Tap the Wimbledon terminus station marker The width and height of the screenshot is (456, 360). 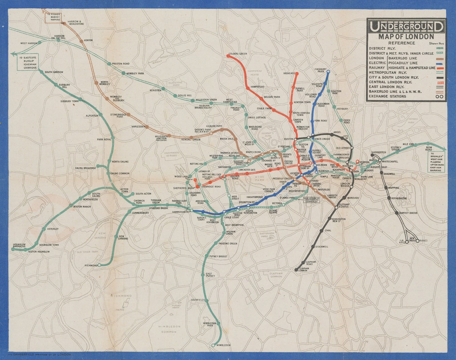(x=213, y=345)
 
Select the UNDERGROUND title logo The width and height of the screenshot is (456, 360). (x=406, y=27)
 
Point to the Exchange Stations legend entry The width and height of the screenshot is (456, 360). (x=387, y=96)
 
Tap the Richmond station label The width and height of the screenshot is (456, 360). (x=91, y=266)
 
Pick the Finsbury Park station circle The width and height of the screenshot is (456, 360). (x=328, y=72)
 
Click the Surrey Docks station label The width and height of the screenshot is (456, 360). (x=408, y=213)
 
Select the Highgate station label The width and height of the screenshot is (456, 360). (x=289, y=73)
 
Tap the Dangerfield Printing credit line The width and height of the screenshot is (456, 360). (x=40, y=354)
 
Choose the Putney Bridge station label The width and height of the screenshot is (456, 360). (x=218, y=256)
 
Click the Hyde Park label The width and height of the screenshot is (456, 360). (x=260, y=179)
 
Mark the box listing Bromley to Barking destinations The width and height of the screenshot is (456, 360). (x=436, y=162)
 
